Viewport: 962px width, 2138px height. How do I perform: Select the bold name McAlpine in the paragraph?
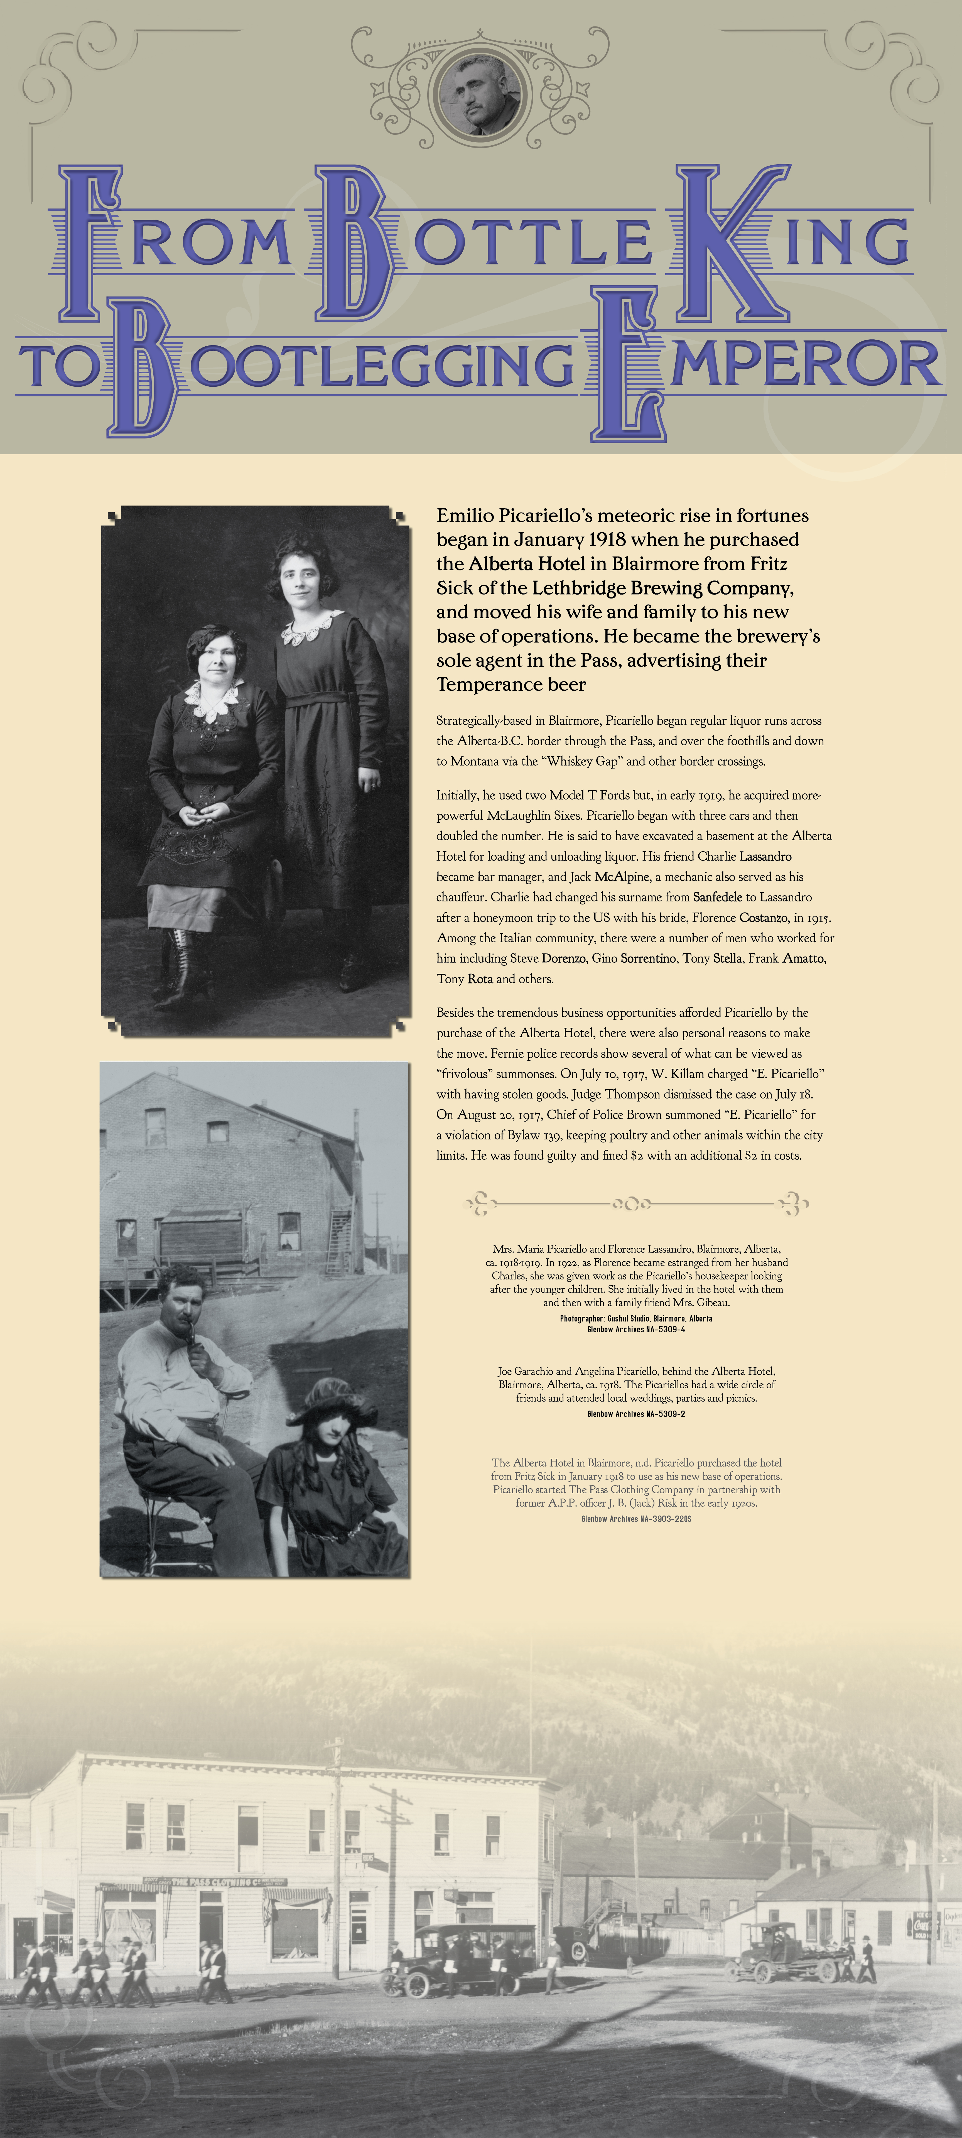622,876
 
